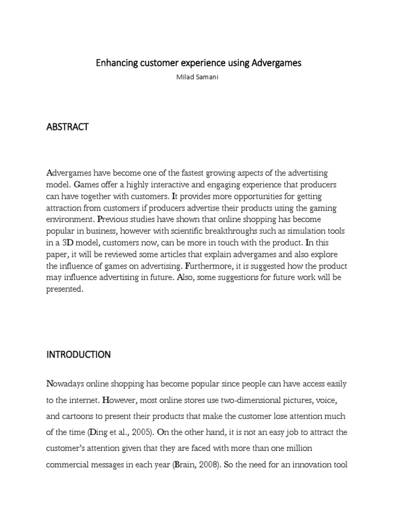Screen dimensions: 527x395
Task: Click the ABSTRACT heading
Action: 67,127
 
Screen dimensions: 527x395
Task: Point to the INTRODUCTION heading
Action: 79,355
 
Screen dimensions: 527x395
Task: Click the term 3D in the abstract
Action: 74,242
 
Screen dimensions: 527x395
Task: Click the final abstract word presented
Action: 64,289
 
